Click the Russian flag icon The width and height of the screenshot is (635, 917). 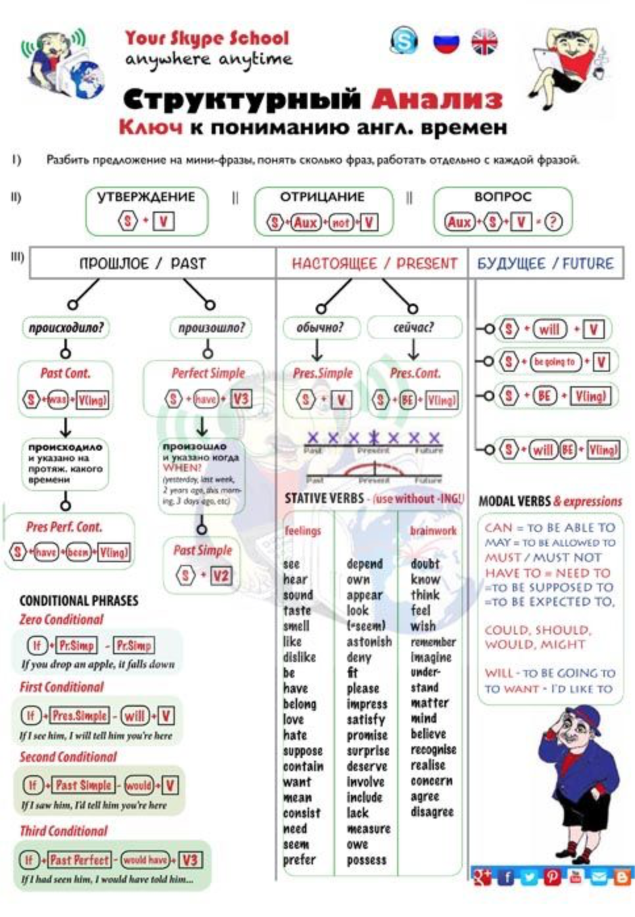[446, 43]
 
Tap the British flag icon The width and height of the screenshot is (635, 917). [484, 43]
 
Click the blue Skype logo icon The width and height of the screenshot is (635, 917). [404, 41]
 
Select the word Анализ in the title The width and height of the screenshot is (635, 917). [437, 99]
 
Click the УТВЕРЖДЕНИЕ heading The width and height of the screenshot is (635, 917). [146, 197]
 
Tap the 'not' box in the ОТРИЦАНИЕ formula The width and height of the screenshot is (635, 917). [341, 223]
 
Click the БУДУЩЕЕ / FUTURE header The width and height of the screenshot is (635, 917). [545, 263]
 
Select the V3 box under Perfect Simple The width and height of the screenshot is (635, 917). [241, 399]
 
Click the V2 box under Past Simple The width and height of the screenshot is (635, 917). [220, 576]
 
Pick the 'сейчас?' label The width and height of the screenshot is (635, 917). [413, 327]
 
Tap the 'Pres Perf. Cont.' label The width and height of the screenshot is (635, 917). [64, 527]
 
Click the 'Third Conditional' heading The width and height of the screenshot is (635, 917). [64, 831]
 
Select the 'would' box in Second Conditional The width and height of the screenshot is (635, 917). [139, 785]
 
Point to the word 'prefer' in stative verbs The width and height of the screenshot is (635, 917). [300, 860]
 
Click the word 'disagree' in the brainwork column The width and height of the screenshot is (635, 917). [432, 812]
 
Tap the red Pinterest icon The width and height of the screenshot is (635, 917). [552, 876]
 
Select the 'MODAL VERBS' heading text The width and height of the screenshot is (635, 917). [514, 501]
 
